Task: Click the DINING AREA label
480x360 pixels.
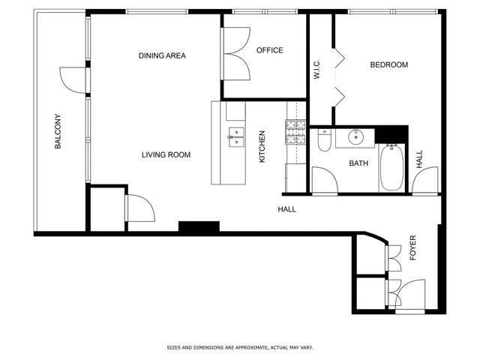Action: [x=162, y=55]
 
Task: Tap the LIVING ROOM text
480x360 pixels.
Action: [x=166, y=155]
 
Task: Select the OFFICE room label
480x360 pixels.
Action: [x=269, y=50]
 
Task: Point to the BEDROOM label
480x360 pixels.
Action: [x=389, y=65]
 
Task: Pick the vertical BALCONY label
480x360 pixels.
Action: [x=58, y=132]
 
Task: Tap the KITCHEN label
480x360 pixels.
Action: [x=262, y=147]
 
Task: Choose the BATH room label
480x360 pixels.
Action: [x=358, y=163]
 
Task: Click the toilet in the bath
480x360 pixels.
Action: [x=323, y=139]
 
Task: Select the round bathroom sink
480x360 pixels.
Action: [x=356, y=137]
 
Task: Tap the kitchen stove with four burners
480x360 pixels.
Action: [x=295, y=132]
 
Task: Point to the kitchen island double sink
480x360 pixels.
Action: [x=236, y=136]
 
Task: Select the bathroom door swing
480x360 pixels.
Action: [x=323, y=181]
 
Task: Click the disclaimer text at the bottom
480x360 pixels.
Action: [x=239, y=348]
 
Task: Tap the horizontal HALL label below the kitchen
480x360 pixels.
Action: [x=286, y=209]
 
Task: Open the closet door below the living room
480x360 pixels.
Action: [x=139, y=208]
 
